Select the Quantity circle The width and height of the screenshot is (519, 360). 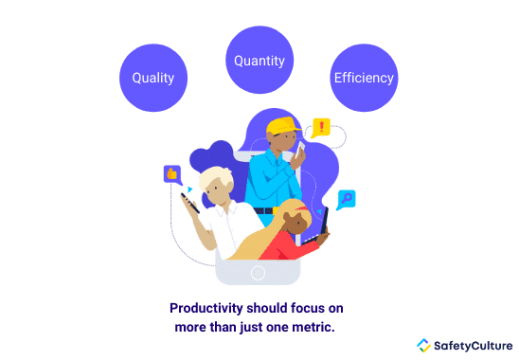259,60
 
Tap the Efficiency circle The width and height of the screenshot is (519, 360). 364,78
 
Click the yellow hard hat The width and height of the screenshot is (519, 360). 282,126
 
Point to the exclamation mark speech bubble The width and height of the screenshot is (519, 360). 322,127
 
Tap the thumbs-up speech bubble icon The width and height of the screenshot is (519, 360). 171,174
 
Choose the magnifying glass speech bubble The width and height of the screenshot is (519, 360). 347,199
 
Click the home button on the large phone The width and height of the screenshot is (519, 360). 258,273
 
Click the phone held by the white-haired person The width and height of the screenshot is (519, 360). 190,202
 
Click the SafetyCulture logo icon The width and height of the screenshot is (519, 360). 423,345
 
